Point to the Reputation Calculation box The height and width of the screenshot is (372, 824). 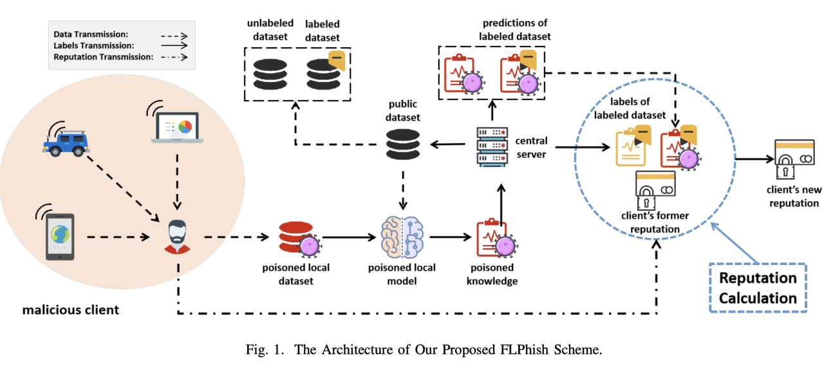click(x=758, y=288)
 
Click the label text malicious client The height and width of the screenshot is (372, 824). click(x=71, y=310)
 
